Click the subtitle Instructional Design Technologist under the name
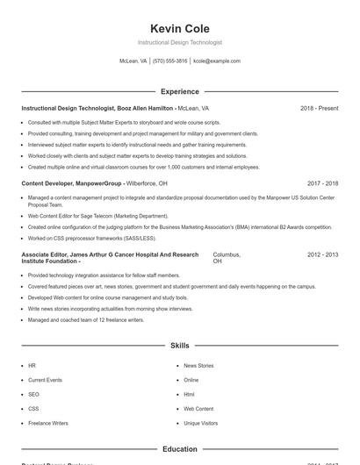(x=179, y=42)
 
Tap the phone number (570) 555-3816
(x=169, y=61)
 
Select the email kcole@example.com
(x=216, y=61)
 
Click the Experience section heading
(x=179, y=91)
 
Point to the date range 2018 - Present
(x=319, y=108)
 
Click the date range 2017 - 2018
(x=322, y=183)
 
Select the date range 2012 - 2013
(x=322, y=254)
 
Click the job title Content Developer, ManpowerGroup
(x=71, y=183)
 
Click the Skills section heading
(x=179, y=347)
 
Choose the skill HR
(x=32, y=365)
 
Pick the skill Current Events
(x=45, y=380)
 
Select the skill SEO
(x=33, y=394)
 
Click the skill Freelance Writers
(x=47, y=423)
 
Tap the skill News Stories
(x=198, y=365)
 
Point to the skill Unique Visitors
(x=200, y=423)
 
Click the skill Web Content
(x=198, y=409)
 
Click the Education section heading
(x=179, y=449)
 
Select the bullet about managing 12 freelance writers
(x=85, y=319)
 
